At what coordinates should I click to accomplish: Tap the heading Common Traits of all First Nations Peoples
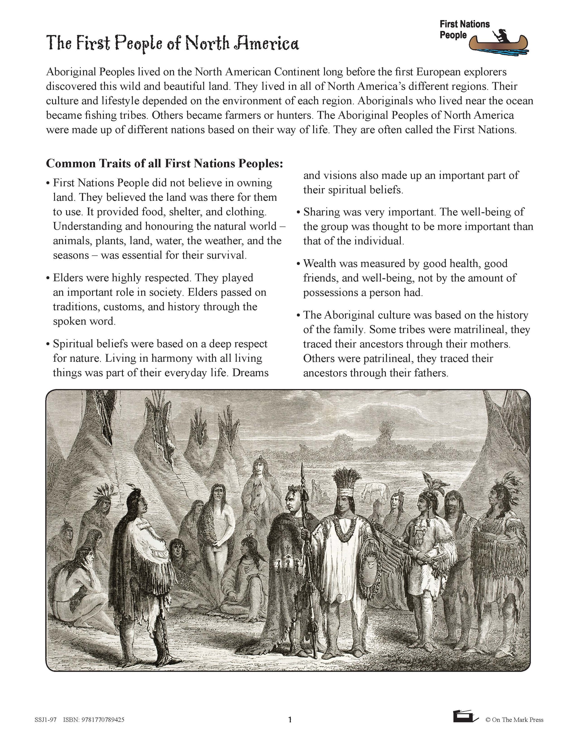[165, 164]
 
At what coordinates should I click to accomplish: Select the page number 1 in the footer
[290, 720]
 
